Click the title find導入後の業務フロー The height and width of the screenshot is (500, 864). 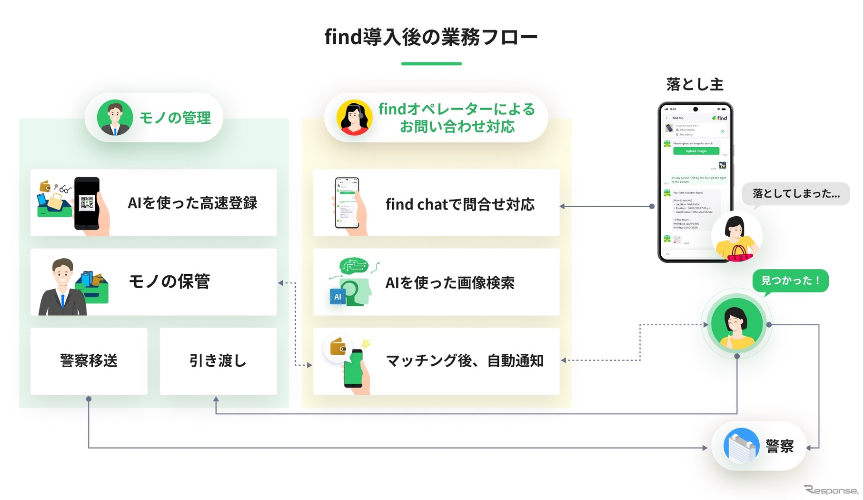click(431, 37)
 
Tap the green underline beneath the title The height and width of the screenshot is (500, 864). click(431, 63)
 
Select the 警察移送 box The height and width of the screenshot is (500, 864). click(89, 361)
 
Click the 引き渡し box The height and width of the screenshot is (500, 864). click(218, 361)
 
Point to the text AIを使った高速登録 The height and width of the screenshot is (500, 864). click(192, 203)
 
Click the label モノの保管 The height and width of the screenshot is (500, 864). click(169, 281)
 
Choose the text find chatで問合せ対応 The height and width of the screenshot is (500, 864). click(460, 204)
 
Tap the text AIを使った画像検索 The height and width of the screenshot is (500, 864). click(450, 283)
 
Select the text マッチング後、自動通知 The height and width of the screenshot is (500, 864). click(465, 361)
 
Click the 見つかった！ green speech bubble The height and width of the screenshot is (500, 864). click(790, 280)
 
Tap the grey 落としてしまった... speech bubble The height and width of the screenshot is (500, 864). click(796, 194)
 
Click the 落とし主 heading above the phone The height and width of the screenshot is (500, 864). click(695, 84)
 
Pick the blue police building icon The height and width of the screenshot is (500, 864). click(741, 446)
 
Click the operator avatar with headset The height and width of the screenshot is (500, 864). click(354, 118)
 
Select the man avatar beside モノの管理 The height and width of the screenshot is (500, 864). click(115, 118)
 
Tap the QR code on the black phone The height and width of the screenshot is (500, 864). click(87, 203)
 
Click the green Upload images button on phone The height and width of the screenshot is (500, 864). click(696, 151)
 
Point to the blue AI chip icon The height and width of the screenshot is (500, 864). click(338, 297)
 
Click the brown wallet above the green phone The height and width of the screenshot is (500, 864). click(338, 347)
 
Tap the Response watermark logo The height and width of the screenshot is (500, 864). click(831, 490)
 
